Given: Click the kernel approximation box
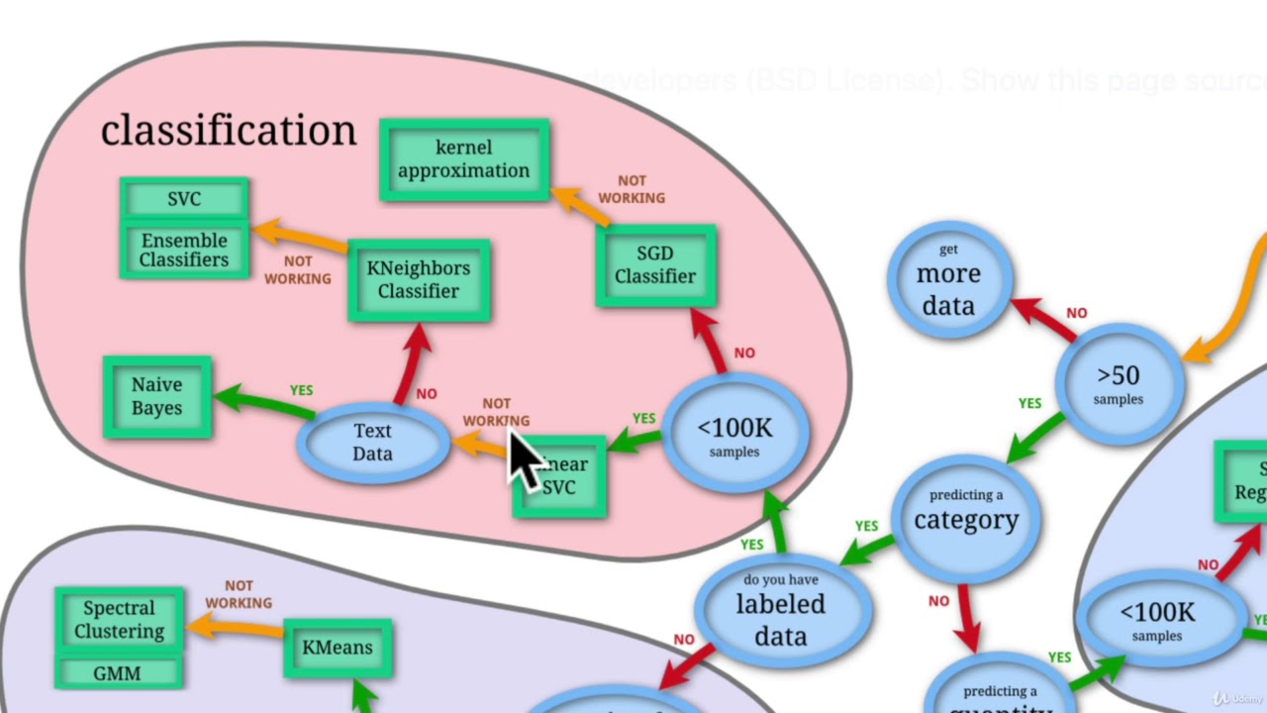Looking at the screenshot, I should pos(463,159).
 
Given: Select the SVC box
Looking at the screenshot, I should pos(184,199).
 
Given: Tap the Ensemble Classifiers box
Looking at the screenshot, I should pos(184,250).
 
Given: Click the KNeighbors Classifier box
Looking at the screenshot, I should pos(418,279).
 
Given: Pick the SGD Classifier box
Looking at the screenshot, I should pos(655,265).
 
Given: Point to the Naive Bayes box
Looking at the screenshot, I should pos(156,396).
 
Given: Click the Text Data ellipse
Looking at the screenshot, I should pos(372,442).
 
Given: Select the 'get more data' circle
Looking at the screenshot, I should pos(948,278).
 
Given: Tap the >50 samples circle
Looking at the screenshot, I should pos(1118,383).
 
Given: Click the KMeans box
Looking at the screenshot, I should pos(338,648).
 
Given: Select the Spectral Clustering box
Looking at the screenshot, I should pos(120,620).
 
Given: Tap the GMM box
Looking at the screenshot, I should pos(118,673).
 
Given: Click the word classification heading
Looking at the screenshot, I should pos(228,130).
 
